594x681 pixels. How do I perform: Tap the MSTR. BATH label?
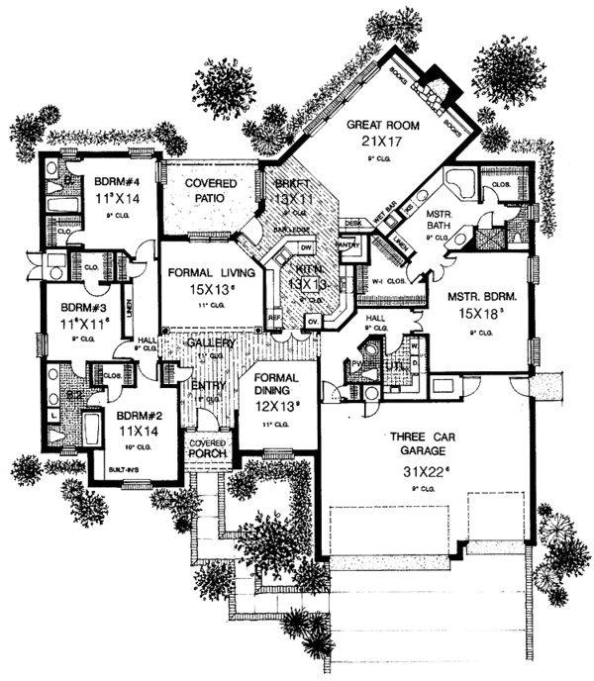[x=439, y=219]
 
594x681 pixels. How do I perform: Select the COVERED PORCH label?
[x=208, y=447]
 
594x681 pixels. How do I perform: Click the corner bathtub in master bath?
[x=457, y=183]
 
